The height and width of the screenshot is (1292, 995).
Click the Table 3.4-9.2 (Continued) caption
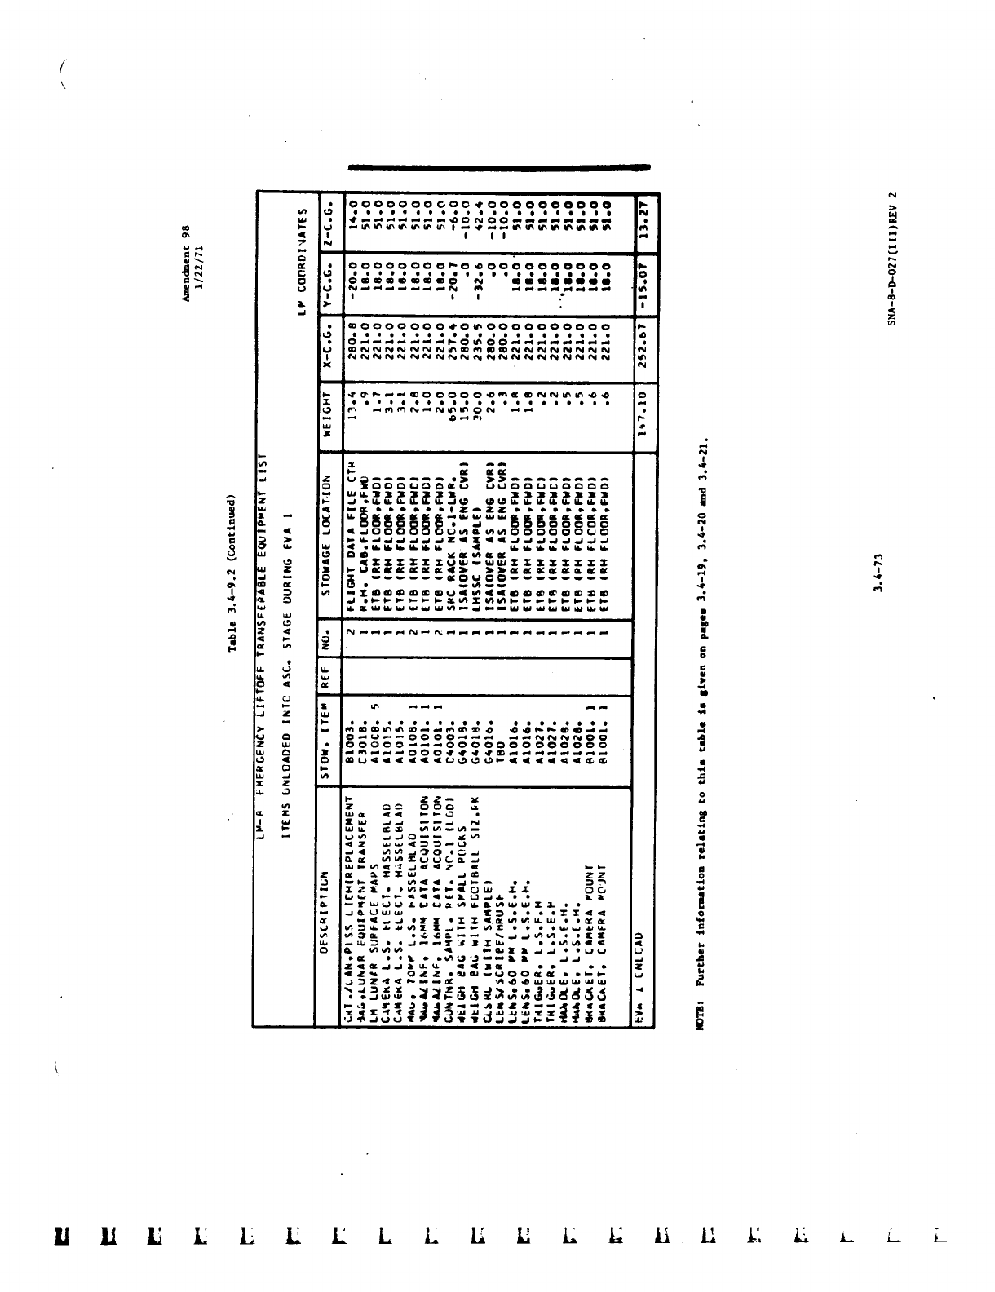[232, 572]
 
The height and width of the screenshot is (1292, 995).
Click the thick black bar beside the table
[499, 167]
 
